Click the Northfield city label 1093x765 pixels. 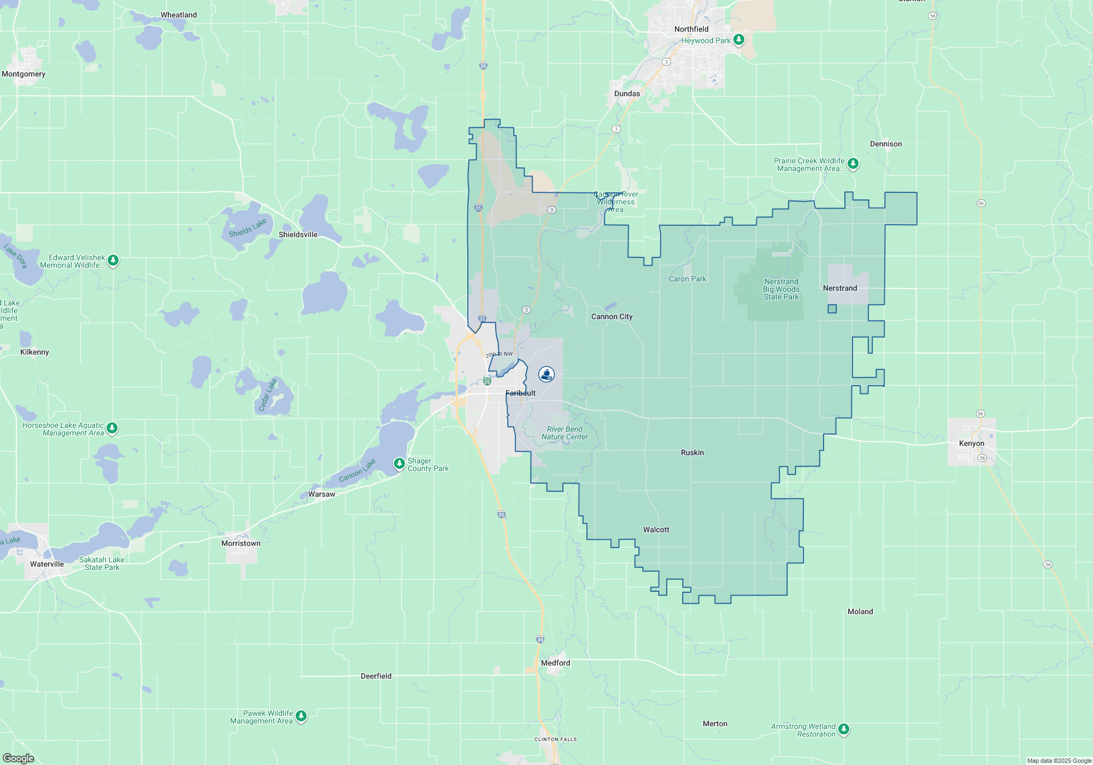(691, 29)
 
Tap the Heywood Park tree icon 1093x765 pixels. (739, 40)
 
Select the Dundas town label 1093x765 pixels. (627, 93)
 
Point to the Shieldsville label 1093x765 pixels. (298, 234)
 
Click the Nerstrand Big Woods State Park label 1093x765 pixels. (781, 289)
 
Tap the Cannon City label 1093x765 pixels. (612, 316)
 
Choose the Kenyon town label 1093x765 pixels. (971, 443)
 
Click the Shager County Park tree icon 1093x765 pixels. (399, 464)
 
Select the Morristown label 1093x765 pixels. (240, 543)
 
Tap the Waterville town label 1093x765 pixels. (47, 564)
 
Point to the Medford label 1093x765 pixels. (555, 663)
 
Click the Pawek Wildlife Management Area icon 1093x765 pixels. (301, 716)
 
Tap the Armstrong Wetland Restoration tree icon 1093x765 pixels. (844, 729)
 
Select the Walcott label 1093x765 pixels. (656, 529)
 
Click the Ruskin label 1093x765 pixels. (692, 452)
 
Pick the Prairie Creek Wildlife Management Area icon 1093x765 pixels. (853, 163)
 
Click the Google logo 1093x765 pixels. (19, 758)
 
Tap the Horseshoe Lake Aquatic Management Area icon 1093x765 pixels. (112, 428)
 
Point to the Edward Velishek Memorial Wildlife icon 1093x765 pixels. (113, 261)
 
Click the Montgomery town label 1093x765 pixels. (23, 74)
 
